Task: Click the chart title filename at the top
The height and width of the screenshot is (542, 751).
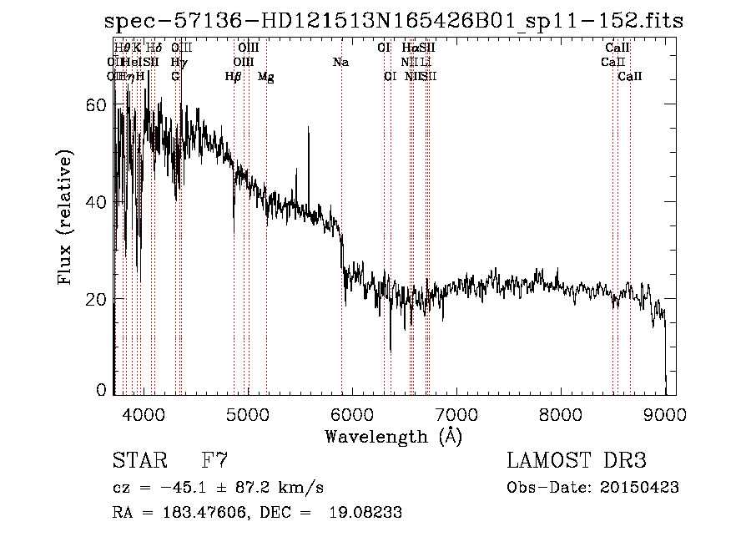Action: point(394,22)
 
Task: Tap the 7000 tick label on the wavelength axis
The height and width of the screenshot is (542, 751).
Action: point(456,414)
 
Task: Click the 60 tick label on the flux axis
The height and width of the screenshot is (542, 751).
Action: point(96,105)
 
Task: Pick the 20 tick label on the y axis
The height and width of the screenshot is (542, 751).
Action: point(96,299)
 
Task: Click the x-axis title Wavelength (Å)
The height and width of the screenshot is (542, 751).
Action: point(393,436)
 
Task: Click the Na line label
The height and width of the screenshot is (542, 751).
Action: point(340,63)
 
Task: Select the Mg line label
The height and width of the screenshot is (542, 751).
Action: point(265,77)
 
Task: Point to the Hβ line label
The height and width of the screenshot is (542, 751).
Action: point(233,77)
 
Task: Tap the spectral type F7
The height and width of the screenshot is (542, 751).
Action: point(215,460)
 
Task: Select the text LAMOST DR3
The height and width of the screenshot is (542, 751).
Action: point(576,461)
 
